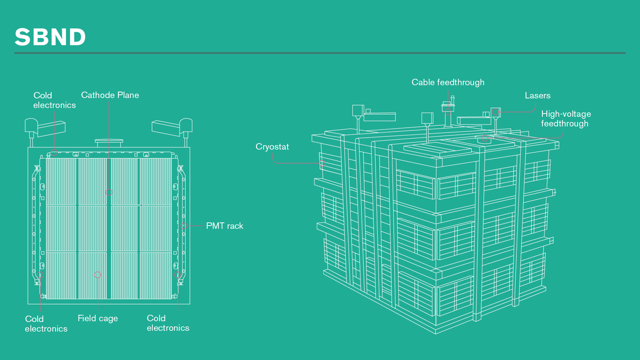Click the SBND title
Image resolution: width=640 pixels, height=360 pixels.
(50, 37)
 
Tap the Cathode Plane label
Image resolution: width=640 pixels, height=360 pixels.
(110, 95)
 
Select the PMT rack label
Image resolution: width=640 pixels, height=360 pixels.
(225, 226)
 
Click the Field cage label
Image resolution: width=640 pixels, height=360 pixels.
(98, 318)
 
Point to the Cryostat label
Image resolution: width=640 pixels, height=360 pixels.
(272, 147)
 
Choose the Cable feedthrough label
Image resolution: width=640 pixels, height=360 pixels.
(447, 82)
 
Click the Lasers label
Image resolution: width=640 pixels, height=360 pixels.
(537, 95)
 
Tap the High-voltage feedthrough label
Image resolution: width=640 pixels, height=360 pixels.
(565, 119)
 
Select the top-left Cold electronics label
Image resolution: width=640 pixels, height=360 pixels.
(54, 100)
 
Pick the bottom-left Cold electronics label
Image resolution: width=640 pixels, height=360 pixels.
(46, 323)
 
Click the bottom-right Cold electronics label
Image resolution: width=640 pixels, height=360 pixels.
(168, 323)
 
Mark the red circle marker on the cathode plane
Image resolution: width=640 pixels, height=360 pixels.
(109, 192)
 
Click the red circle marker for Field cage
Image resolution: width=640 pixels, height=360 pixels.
(98, 275)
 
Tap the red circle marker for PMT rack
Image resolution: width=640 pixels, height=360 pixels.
(184, 226)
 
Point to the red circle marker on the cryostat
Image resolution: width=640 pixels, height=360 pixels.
(323, 163)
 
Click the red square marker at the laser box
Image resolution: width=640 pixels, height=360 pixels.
(495, 112)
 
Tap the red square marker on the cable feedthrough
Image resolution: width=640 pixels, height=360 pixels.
(448, 111)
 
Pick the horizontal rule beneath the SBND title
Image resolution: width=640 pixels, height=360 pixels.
(320, 53)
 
